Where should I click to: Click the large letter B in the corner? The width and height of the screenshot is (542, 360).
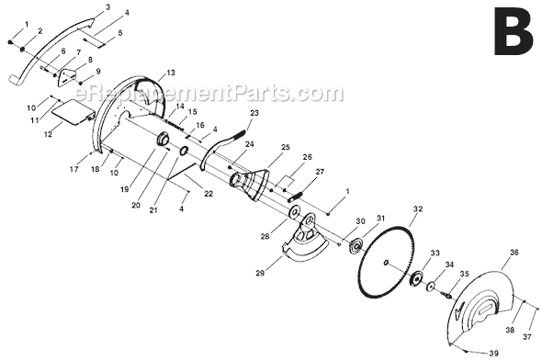point(513,31)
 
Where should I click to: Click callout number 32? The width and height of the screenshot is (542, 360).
point(418,209)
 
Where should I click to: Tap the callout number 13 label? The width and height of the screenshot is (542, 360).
point(171,73)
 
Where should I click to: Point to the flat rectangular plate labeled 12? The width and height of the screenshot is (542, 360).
point(73,112)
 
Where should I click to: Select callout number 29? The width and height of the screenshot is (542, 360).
point(260,274)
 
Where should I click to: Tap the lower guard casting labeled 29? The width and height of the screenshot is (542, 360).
point(304,239)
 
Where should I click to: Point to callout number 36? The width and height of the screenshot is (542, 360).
point(514,253)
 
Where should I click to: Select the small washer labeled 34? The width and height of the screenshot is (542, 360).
point(431,287)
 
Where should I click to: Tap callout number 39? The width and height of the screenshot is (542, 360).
point(494,353)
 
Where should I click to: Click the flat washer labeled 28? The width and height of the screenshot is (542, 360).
point(295,212)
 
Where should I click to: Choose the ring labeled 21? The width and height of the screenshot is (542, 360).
point(184,151)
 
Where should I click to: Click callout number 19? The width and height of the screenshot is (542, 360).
point(124,189)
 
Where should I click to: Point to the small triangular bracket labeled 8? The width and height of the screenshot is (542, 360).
point(67,77)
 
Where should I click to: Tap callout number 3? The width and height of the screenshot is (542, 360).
point(107,7)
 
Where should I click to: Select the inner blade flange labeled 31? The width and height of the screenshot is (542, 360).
point(356,245)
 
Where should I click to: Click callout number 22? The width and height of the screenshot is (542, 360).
point(209,194)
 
